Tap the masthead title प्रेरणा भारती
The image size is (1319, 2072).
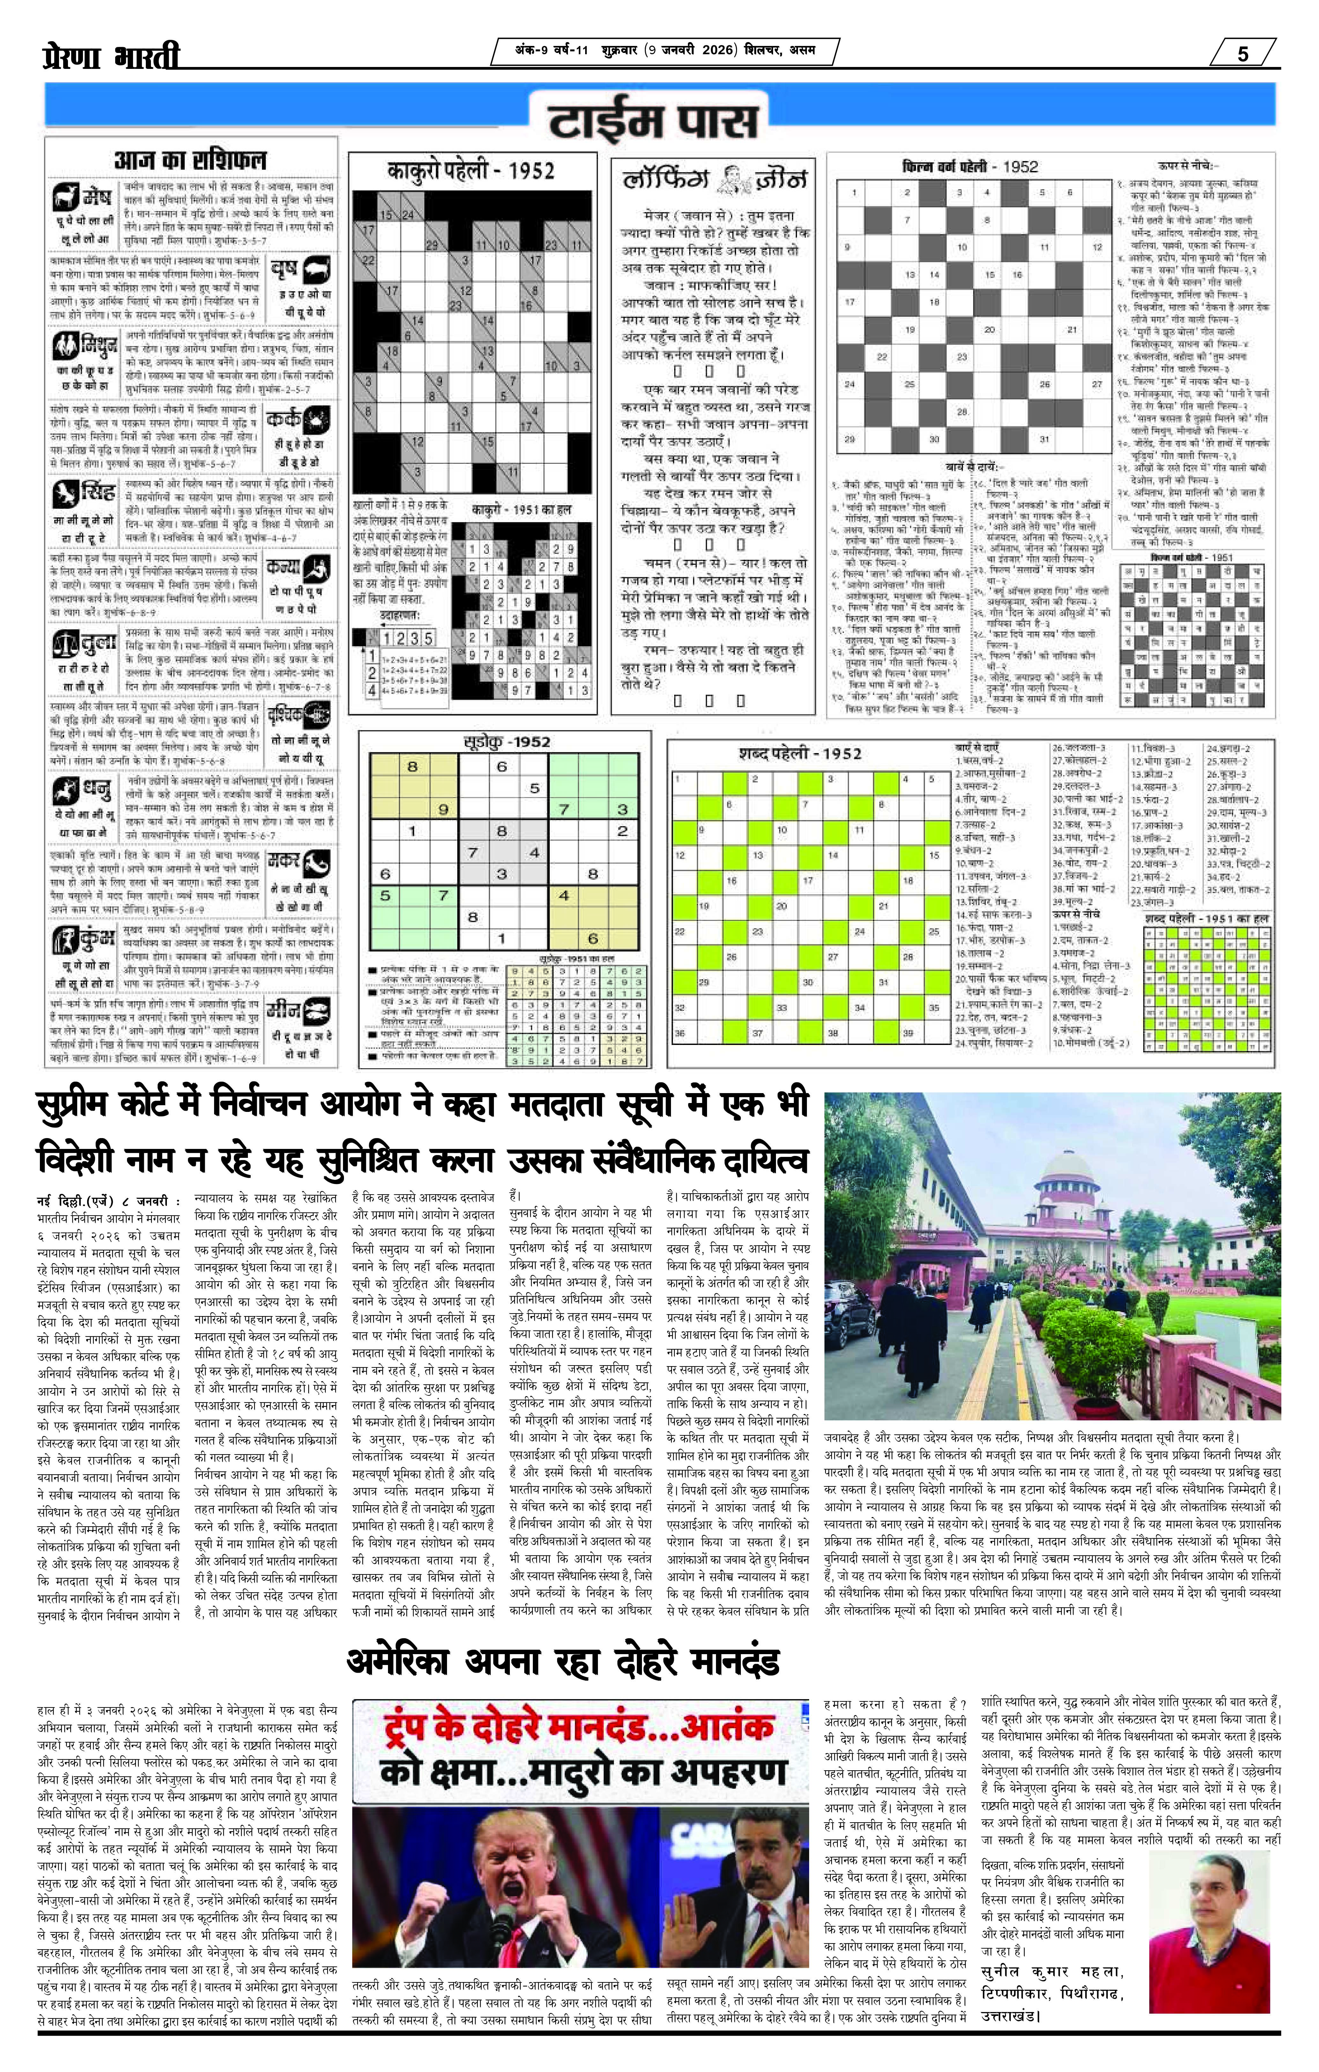click(112, 57)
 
